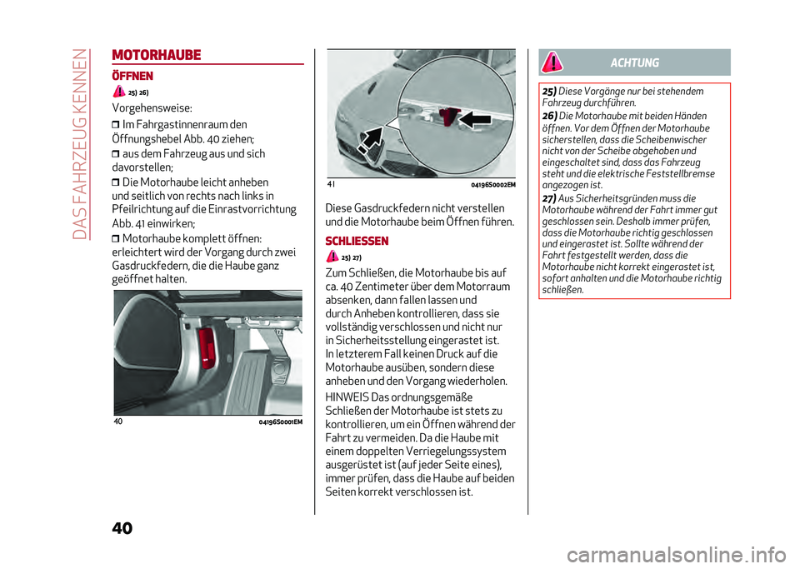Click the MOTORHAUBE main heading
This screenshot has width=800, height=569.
pos(156,56)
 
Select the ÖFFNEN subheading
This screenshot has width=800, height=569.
pos(133,75)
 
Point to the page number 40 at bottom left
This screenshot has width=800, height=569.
pos(121,531)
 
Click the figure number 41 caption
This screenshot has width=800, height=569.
pos(332,184)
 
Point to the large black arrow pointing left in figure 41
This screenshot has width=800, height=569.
pos(484,117)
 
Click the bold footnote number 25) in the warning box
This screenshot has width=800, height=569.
pos(549,91)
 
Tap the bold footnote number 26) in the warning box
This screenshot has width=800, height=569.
pos(549,115)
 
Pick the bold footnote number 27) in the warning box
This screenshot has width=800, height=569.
pos(549,197)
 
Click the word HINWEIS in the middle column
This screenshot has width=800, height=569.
pos(348,396)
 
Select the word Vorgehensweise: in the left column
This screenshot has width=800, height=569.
pos(152,108)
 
